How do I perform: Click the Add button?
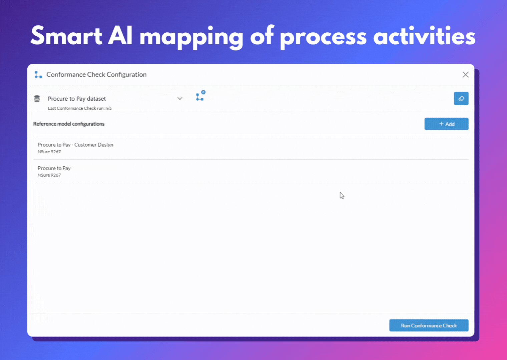[446, 124]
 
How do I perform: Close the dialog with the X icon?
[465, 75]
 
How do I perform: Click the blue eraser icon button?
[461, 99]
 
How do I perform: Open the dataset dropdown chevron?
[180, 99]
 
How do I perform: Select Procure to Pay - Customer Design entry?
[75, 145]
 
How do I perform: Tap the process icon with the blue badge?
[200, 96]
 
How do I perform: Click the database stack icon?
[37, 99]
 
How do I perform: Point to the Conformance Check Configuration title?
[96, 75]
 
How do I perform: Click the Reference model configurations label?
[69, 124]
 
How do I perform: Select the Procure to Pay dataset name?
[77, 99]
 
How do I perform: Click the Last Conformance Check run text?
[79, 108]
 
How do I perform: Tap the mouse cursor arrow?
[342, 195]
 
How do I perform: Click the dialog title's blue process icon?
[38, 75]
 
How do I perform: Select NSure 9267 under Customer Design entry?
[49, 152]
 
